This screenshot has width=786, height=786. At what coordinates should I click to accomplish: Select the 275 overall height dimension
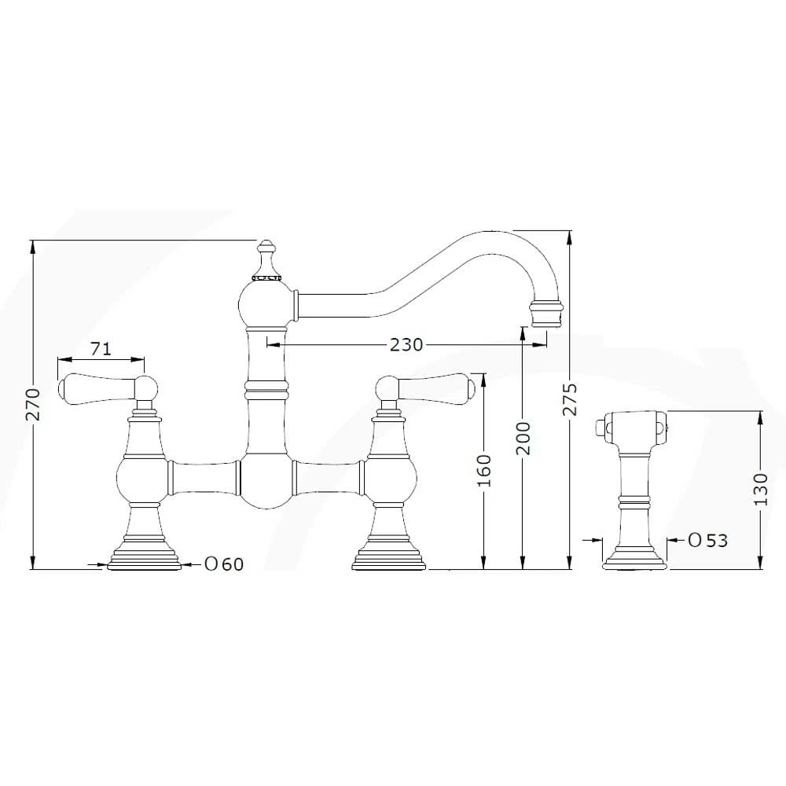point(571,399)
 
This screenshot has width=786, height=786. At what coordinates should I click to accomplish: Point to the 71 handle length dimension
point(101,348)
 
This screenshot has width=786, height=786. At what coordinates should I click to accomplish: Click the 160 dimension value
point(484,469)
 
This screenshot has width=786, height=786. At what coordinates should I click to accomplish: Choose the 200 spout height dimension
point(523,438)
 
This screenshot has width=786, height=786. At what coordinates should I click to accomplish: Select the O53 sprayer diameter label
point(707,540)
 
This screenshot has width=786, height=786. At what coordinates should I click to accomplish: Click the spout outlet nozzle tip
point(547,314)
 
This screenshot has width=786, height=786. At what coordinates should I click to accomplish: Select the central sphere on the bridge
point(266,480)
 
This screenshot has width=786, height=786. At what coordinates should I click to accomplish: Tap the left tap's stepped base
point(144,554)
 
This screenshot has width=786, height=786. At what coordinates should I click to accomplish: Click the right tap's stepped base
point(389,554)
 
